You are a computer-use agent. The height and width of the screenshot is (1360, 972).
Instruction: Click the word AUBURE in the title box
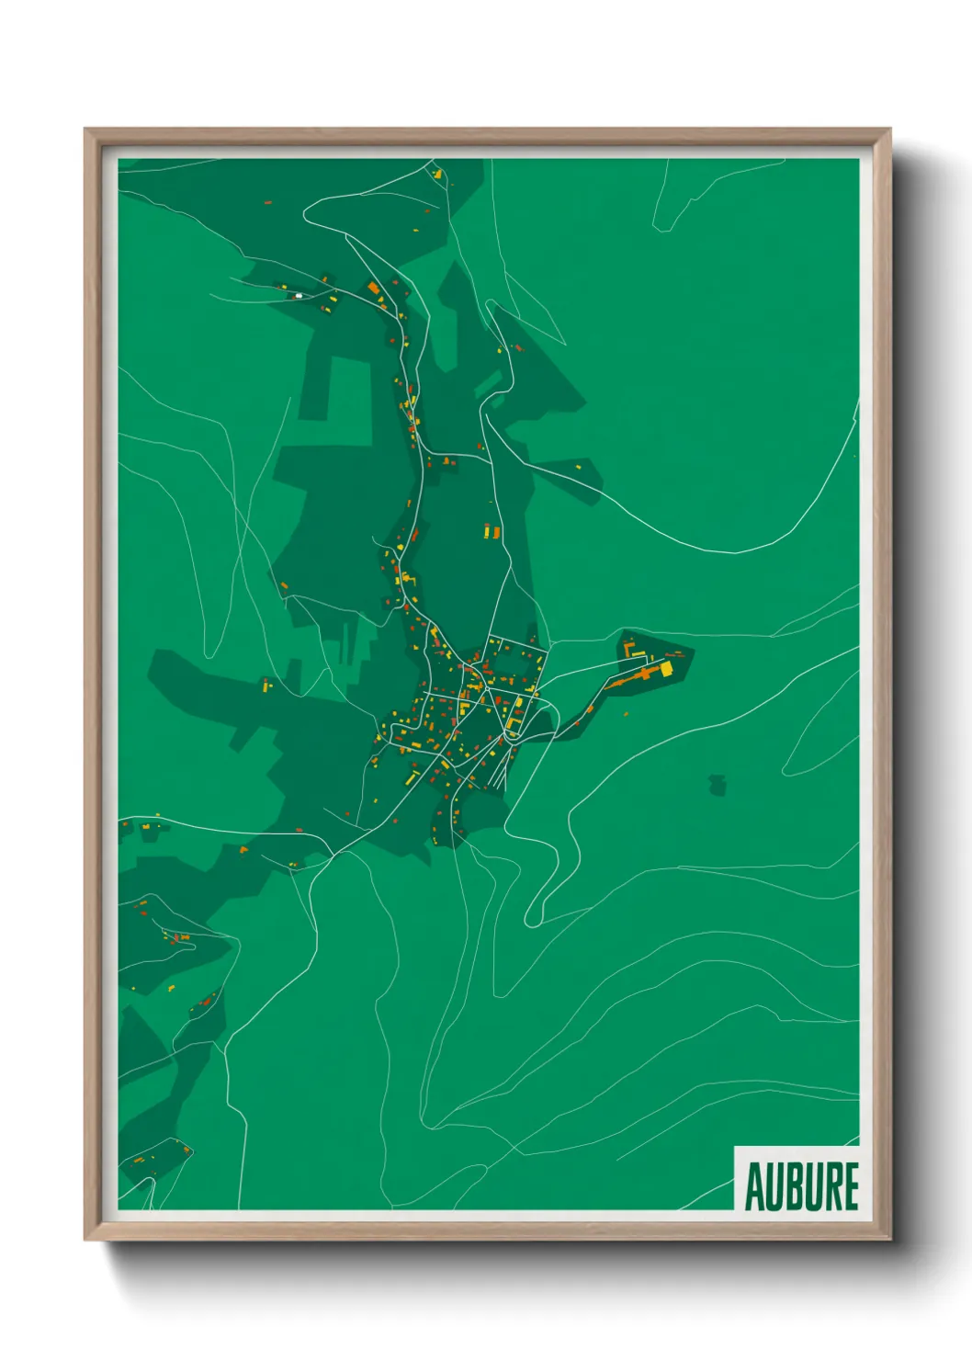(x=801, y=1186)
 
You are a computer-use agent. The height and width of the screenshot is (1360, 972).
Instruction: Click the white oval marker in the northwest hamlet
(x=299, y=296)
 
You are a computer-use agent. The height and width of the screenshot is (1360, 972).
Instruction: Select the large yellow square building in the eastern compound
(x=667, y=670)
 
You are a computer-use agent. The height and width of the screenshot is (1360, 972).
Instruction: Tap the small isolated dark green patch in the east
(x=717, y=784)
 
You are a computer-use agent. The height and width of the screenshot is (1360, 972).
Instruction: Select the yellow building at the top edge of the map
(x=438, y=173)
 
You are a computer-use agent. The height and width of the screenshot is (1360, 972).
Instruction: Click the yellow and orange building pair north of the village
(x=491, y=531)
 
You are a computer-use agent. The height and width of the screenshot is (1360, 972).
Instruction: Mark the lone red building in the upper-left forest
(x=267, y=202)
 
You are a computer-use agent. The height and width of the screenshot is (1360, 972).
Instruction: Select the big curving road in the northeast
(x=735, y=551)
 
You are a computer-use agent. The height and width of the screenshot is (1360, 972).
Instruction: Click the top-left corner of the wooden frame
(x=87, y=131)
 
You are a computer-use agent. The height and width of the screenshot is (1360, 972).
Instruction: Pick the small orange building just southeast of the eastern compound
(x=627, y=713)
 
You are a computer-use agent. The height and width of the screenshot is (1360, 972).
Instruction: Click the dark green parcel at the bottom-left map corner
(x=152, y=1167)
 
